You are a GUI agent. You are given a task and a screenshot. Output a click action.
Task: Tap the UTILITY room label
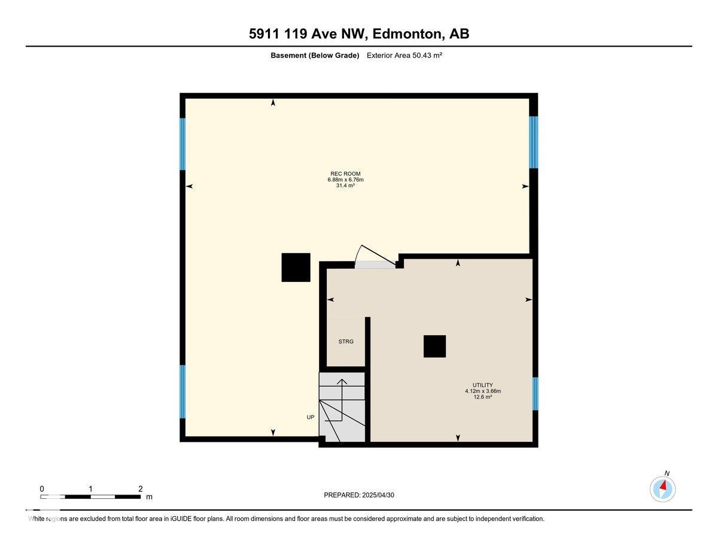point(482,385)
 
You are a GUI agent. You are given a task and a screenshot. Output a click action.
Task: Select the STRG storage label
point(346,341)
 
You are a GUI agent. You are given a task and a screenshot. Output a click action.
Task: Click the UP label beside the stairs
point(311,417)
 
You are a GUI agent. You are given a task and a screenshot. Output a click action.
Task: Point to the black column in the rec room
point(296,267)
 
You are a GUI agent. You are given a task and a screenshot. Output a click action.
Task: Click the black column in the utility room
point(434,346)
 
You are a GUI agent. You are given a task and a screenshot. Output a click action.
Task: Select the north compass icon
point(662,489)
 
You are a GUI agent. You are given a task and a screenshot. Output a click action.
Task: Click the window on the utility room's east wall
point(536,393)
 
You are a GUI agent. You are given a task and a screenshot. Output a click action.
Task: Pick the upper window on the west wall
point(182,144)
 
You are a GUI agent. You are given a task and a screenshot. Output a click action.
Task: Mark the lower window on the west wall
point(182,392)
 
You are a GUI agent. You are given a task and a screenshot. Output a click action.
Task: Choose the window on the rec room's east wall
point(533,142)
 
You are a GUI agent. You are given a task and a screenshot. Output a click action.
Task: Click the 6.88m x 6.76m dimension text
point(345,180)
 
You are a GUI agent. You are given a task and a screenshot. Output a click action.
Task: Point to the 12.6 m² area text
point(482,397)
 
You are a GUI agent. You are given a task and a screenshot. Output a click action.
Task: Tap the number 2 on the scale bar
point(140,489)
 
